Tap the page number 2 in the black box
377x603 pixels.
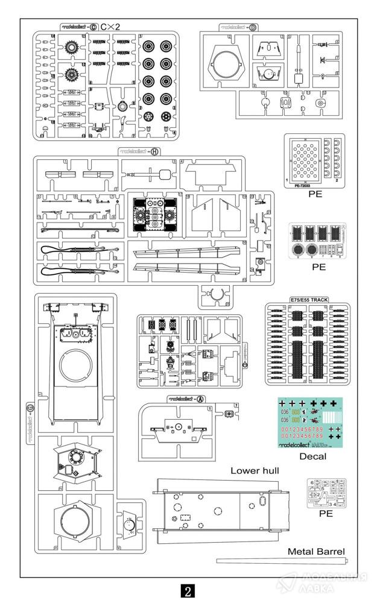(188, 590)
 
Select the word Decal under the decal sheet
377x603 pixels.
(312, 456)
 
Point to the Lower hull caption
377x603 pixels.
(254, 470)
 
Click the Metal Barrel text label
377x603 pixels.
(316, 551)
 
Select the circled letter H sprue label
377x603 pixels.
(154, 151)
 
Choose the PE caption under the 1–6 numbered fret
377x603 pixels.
(326, 514)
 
